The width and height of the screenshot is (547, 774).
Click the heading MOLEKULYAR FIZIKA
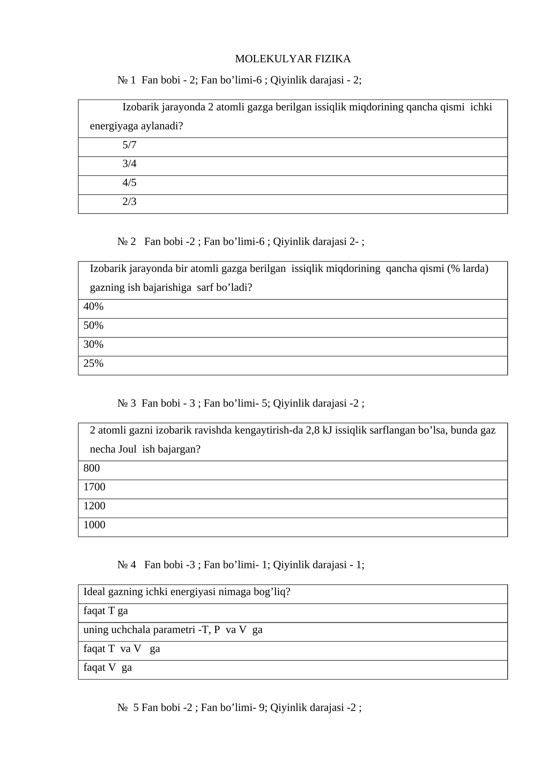click(293, 59)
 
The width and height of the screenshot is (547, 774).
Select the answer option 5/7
click(129, 145)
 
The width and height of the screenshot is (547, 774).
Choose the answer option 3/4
click(129, 164)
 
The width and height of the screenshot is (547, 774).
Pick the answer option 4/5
click(129, 183)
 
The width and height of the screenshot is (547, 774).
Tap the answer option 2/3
click(129, 202)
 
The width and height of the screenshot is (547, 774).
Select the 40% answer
click(93, 307)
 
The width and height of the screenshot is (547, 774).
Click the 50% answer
click(93, 325)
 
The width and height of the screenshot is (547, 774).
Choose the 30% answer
click(93, 344)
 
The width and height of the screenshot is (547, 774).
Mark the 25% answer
click(93, 363)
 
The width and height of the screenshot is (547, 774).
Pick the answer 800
click(92, 468)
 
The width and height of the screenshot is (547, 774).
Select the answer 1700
click(94, 487)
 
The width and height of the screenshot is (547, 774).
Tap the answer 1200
click(94, 506)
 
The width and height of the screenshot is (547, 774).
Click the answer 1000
click(94, 525)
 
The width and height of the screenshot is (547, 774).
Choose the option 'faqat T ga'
click(106, 611)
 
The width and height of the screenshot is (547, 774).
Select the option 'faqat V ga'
click(107, 667)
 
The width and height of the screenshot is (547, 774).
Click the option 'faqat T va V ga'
click(121, 648)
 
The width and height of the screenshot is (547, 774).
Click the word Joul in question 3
click(127, 449)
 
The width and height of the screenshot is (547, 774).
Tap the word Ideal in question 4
click(94, 592)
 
